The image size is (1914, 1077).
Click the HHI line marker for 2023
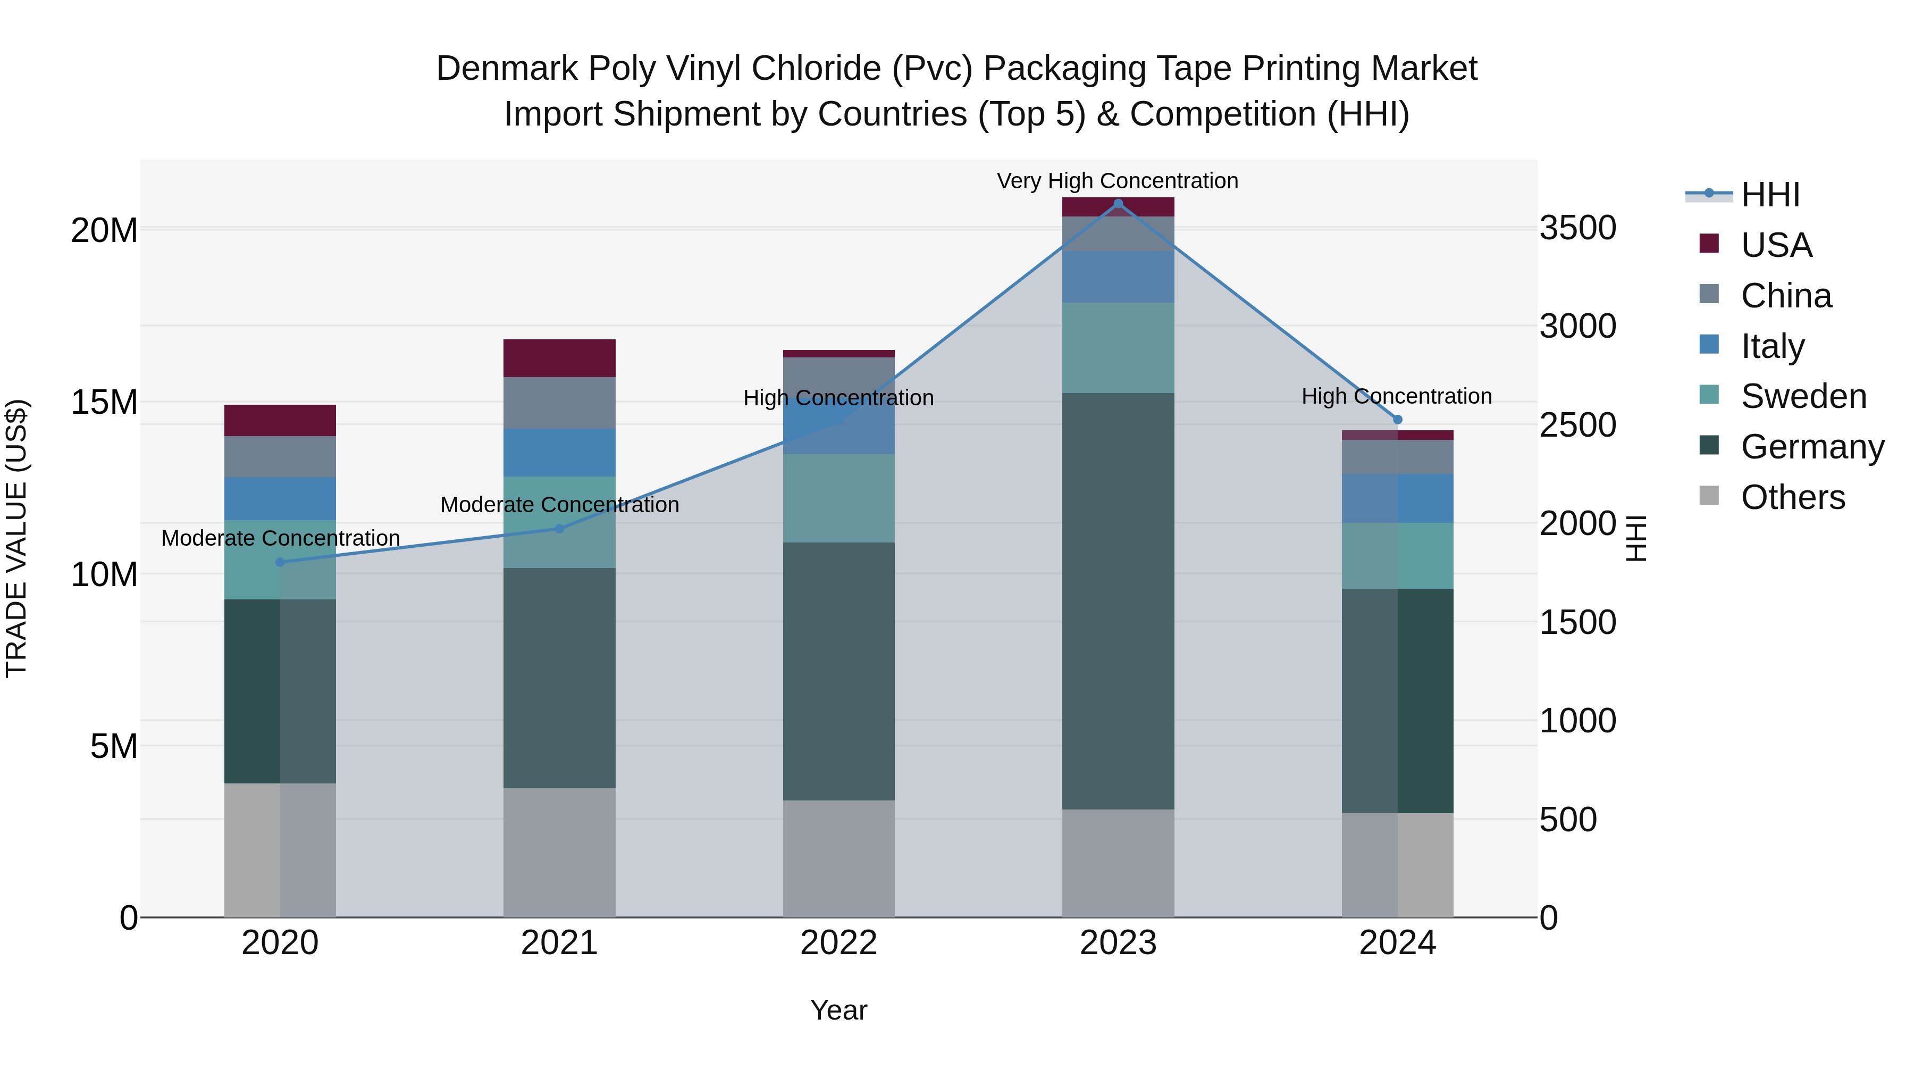click(x=1118, y=204)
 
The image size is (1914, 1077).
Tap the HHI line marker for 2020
click(x=280, y=562)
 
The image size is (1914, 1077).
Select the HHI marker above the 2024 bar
click(x=1398, y=420)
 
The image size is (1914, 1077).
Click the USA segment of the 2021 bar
click(x=559, y=358)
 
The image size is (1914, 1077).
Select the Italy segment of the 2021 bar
click(x=559, y=453)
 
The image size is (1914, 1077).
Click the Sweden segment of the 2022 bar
click(x=839, y=498)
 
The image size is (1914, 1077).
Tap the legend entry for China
click(x=1785, y=296)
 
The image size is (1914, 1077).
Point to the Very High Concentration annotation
click(x=1118, y=181)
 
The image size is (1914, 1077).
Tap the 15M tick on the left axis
click(x=104, y=402)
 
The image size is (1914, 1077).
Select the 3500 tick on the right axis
click(x=1577, y=228)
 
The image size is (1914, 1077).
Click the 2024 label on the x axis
click(x=1398, y=943)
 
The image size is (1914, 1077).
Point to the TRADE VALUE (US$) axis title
click(x=16, y=538)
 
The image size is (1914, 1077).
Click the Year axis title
click(x=839, y=1010)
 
